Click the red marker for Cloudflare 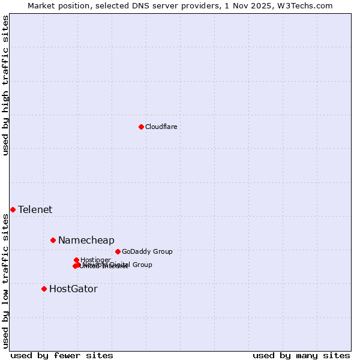(x=141, y=127)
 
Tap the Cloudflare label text (x=161, y=127)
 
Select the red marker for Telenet (x=13, y=209)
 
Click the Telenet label (x=35, y=209)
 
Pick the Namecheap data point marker (x=53, y=240)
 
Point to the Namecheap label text (x=86, y=240)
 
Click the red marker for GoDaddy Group (x=118, y=251)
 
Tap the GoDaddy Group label (x=147, y=251)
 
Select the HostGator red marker (x=44, y=289)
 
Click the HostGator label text (x=73, y=289)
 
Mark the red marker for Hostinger (x=76, y=260)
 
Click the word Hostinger (x=95, y=260)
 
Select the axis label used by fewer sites (x=62, y=355)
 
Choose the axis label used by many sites (x=301, y=355)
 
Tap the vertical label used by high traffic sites (x=5, y=85)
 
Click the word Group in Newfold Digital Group (x=142, y=265)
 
